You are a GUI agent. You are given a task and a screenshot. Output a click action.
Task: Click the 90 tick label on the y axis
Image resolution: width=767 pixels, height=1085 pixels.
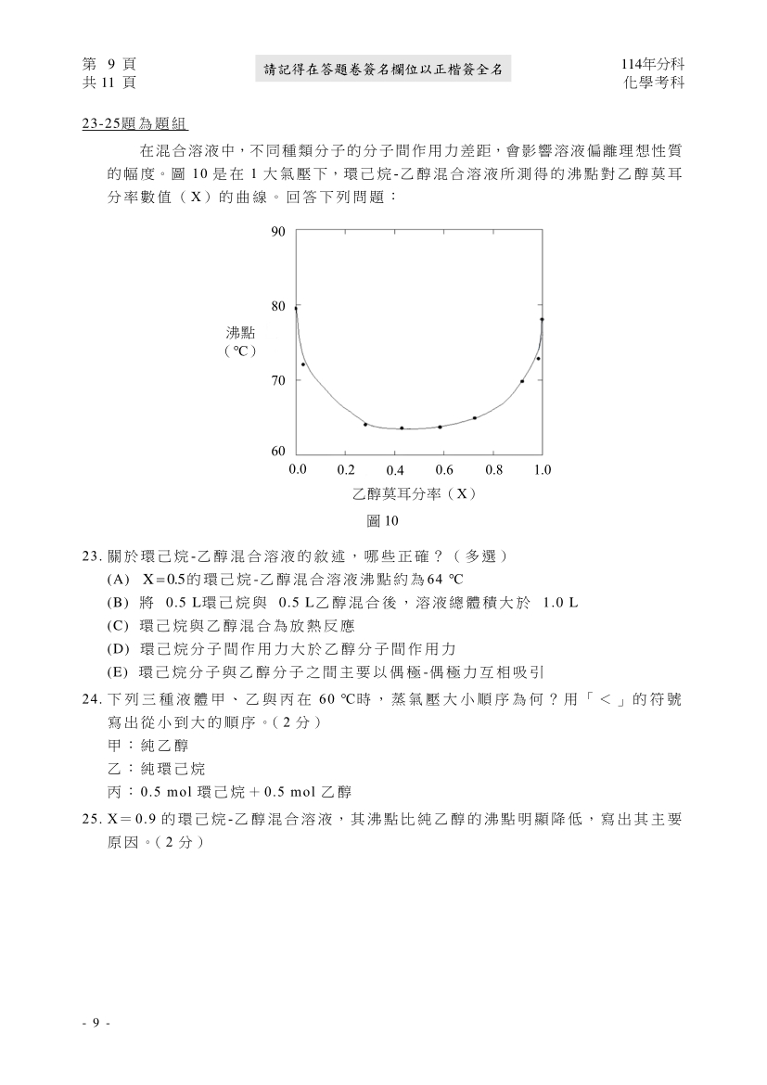(x=278, y=232)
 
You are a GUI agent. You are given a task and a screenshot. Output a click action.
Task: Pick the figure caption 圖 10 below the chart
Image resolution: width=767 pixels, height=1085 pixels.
(x=382, y=521)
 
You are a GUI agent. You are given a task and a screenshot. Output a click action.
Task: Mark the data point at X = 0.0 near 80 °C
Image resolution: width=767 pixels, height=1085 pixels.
(x=296, y=308)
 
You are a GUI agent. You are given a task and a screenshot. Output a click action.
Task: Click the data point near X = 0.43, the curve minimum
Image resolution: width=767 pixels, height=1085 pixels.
(x=402, y=428)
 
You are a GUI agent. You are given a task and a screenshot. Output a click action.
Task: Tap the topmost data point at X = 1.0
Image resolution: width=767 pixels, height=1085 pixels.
(x=542, y=319)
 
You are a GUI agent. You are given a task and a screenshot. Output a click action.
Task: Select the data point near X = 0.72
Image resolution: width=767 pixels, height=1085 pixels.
(x=475, y=417)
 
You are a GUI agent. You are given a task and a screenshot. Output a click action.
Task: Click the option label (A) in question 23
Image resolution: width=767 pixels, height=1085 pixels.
(x=118, y=580)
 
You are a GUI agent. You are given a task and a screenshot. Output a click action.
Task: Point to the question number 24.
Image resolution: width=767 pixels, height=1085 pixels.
(x=91, y=697)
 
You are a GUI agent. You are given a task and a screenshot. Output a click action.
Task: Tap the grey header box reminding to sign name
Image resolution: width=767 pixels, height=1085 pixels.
(x=382, y=69)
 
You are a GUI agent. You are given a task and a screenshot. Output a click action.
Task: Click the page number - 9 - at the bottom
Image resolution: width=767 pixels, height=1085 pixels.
(x=96, y=1023)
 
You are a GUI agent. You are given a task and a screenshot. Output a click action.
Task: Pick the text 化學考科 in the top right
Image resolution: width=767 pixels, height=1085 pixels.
(x=656, y=82)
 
